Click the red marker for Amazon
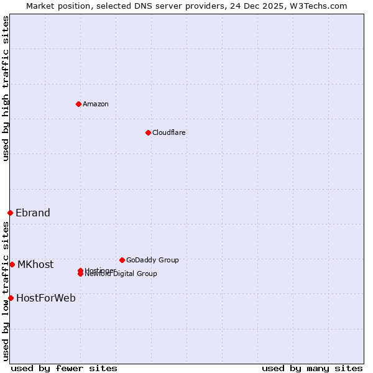(x=78, y=104)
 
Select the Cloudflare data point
(x=148, y=132)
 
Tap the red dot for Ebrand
(x=10, y=213)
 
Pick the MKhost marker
(x=12, y=264)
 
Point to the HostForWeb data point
(x=11, y=298)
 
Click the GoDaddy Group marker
(x=122, y=260)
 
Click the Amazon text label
(x=96, y=104)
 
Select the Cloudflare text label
(x=169, y=132)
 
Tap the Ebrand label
(x=33, y=213)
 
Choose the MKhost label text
(x=35, y=264)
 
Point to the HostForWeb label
(x=46, y=298)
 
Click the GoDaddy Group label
(x=152, y=260)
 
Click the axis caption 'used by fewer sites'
(x=64, y=368)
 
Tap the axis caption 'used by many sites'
(x=312, y=368)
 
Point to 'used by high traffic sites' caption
(x=6, y=88)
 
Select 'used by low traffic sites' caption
(x=6, y=291)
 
